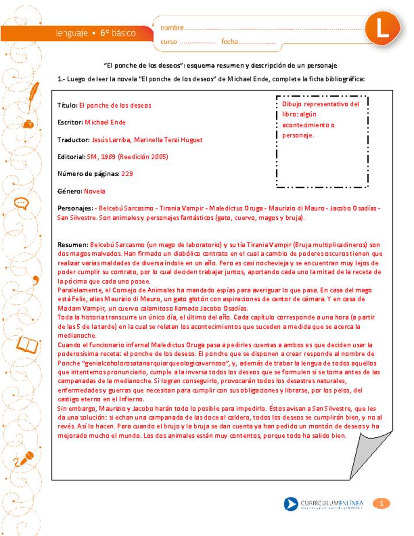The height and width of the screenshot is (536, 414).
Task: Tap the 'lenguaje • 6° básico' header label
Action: click(96, 33)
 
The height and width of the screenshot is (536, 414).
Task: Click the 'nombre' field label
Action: click(172, 28)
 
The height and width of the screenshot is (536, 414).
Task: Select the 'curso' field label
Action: click(168, 42)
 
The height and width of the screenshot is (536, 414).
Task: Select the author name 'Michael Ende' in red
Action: click(105, 122)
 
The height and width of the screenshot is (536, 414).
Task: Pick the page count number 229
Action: click(127, 173)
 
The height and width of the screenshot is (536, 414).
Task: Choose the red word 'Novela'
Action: click(95, 190)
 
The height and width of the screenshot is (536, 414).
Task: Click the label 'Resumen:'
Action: click(72, 245)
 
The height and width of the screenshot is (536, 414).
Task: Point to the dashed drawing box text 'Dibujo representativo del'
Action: click(320, 105)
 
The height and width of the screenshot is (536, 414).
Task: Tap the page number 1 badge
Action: click(381, 504)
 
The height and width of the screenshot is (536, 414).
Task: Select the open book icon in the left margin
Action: click(29, 344)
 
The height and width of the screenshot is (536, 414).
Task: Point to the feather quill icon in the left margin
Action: click(34, 92)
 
